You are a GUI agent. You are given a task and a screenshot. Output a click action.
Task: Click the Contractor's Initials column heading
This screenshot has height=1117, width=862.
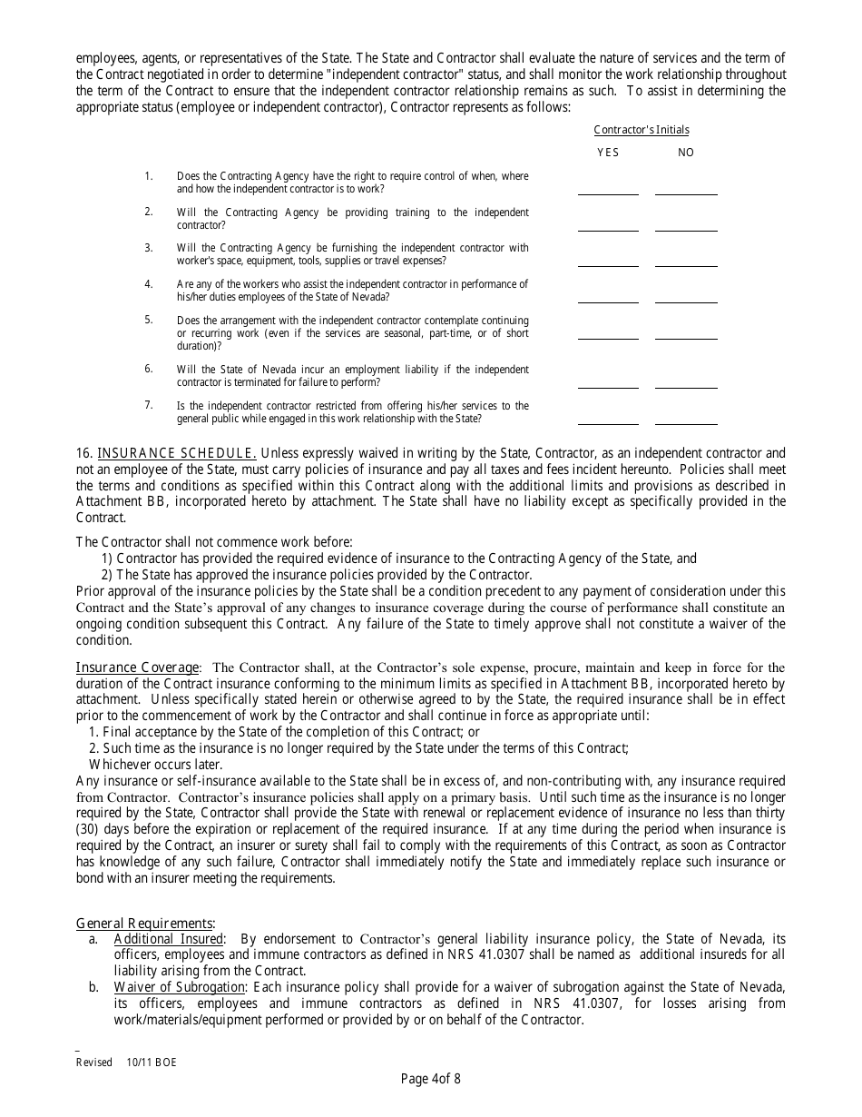[642, 130]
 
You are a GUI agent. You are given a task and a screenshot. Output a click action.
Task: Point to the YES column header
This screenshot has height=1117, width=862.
[608, 153]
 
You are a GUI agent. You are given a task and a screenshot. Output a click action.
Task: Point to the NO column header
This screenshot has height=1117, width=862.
[686, 153]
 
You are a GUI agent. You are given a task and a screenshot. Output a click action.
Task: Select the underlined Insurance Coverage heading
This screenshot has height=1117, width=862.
[137, 667]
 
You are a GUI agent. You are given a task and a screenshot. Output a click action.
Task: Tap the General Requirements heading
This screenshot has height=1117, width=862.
[145, 923]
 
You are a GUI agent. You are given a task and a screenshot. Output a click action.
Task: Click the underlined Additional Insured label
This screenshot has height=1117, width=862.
[168, 939]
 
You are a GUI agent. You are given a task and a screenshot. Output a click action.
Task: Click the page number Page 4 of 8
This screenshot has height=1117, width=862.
[431, 1079]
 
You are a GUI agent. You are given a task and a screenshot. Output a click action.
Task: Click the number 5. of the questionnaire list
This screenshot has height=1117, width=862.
[149, 321]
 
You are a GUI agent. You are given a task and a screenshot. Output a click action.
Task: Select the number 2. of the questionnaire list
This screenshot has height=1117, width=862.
[149, 212]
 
